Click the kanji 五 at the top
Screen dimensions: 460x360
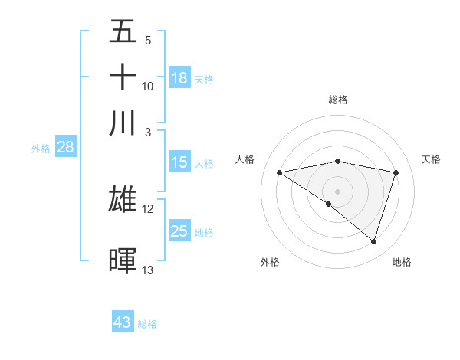tap(123, 32)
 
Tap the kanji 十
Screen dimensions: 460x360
tap(123, 77)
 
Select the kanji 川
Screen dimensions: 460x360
tap(123, 123)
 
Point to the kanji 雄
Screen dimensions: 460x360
tap(123, 199)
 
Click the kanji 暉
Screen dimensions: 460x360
tap(123, 260)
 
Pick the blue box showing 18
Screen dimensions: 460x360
tap(179, 77)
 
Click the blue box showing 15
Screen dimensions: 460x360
tap(179, 162)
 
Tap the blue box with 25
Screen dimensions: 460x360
tap(179, 231)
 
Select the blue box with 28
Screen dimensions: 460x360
tap(65, 147)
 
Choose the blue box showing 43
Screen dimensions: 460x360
tap(123, 322)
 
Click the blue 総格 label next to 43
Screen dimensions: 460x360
tap(147, 324)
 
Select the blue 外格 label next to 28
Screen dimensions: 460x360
tap(40, 149)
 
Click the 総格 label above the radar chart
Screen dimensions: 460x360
tap(337, 100)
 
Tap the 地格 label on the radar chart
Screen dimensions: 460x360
tap(402, 262)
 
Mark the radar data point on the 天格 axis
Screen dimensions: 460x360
tap(396, 172)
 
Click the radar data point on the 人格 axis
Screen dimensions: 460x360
tap(280, 172)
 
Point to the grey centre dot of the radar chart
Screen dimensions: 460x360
tap(337, 191)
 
